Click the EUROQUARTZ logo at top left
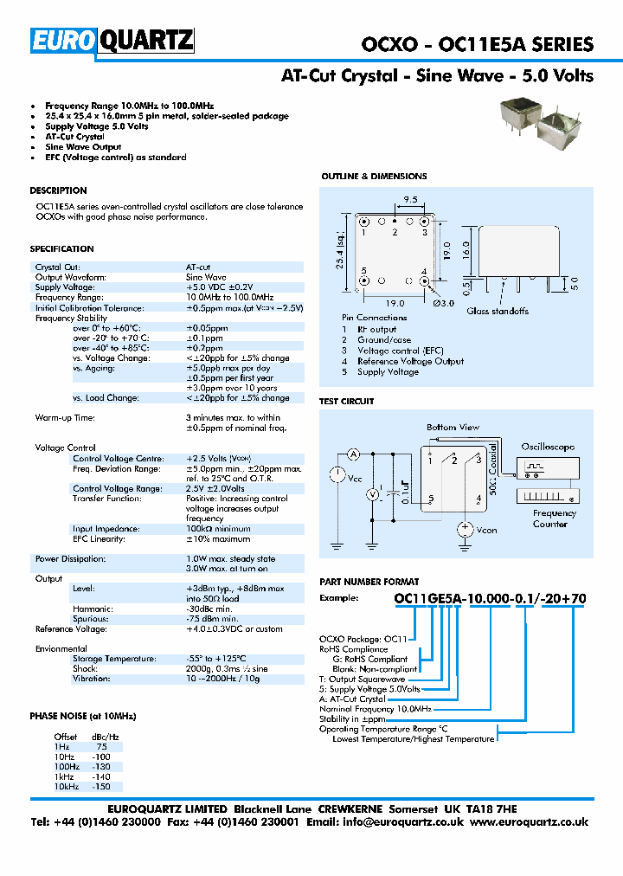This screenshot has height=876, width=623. (112, 42)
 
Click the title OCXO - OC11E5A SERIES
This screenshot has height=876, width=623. (476, 45)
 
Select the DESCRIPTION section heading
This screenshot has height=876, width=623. (58, 190)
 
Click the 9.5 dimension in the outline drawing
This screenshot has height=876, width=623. (410, 199)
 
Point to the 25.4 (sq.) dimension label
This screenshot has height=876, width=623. (339, 250)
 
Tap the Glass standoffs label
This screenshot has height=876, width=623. (498, 311)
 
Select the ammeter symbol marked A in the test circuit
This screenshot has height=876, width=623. (353, 454)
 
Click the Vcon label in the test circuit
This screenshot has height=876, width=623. (487, 530)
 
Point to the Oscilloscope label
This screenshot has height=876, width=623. (547, 447)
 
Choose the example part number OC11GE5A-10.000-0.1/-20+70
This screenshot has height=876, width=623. (490, 598)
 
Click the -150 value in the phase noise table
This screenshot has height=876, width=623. (103, 787)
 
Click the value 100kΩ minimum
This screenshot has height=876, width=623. (219, 529)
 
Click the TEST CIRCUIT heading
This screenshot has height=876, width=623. (346, 402)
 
